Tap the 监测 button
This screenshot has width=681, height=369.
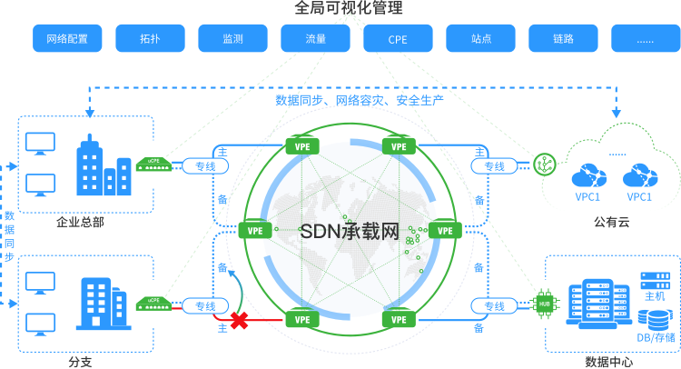(x=232, y=39)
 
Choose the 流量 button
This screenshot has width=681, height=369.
(x=315, y=39)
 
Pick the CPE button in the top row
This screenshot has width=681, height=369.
(x=398, y=39)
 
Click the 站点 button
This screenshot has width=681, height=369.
(x=481, y=39)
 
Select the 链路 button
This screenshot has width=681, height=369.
(x=563, y=39)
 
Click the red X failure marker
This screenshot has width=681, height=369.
(x=240, y=320)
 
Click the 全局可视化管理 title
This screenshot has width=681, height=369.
(x=349, y=8)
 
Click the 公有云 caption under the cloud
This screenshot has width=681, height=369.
(x=611, y=222)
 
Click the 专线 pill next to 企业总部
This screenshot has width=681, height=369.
(x=206, y=166)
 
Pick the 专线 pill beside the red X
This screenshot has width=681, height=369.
(x=206, y=306)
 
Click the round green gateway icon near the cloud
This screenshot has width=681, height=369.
(x=546, y=165)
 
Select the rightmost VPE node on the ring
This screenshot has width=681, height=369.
(x=445, y=230)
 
